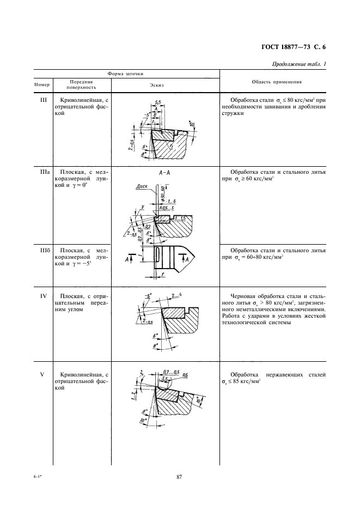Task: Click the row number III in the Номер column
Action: (x=45, y=100)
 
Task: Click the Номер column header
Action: (x=42, y=85)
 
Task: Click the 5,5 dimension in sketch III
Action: (x=158, y=102)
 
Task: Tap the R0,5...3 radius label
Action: (x=167, y=209)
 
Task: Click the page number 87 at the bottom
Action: (x=179, y=478)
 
